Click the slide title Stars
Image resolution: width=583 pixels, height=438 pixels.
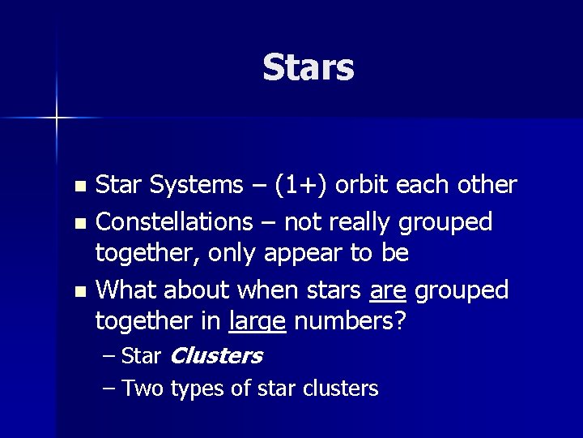coord(309,68)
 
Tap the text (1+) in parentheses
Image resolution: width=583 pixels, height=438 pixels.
coord(300,186)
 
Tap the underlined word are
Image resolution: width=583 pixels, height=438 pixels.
coord(387,290)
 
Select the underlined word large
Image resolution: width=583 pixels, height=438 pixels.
coord(257,323)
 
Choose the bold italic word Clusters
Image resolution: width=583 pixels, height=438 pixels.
coord(217,355)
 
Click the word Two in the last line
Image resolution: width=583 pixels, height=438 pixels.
coord(143,389)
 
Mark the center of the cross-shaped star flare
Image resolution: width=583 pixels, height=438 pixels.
coord(57,118)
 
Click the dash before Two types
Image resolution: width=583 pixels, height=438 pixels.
coord(110,389)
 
